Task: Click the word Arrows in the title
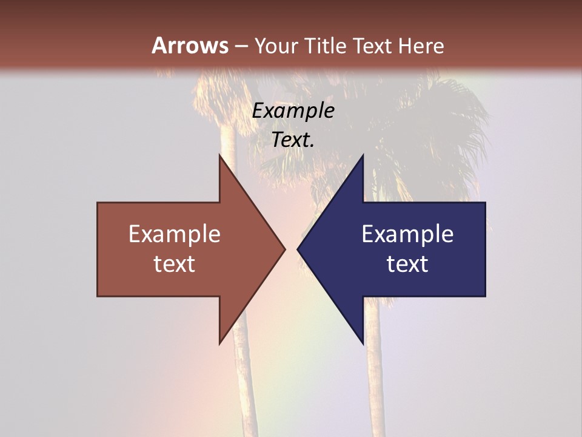(x=190, y=46)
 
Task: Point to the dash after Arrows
(x=241, y=46)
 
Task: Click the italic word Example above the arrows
(x=293, y=111)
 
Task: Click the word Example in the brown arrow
(x=175, y=234)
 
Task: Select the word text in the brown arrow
(x=175, y=264)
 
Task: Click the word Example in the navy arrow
(x=407, y=234)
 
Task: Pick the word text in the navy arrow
(x=407, y=264)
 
